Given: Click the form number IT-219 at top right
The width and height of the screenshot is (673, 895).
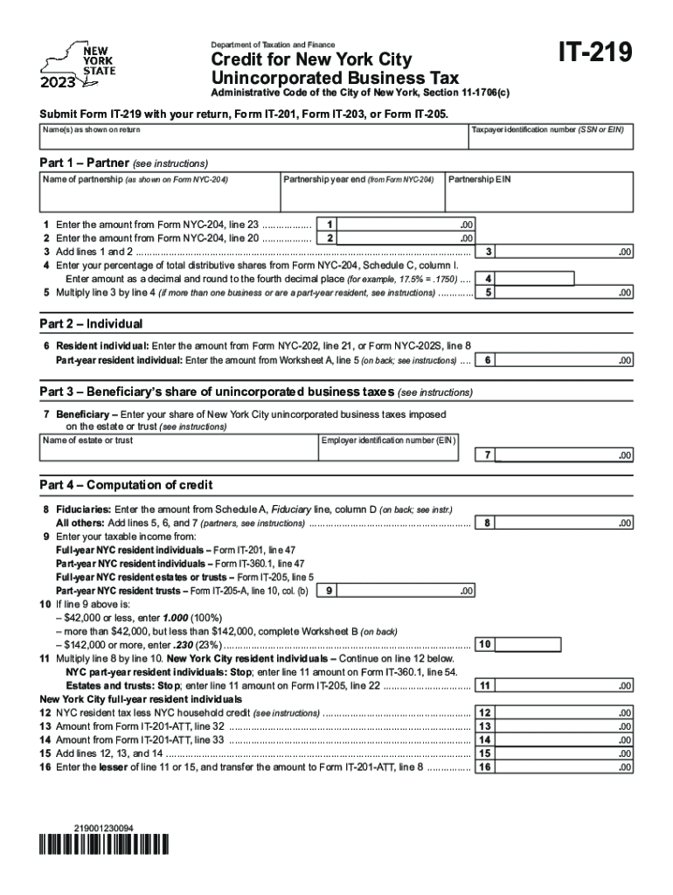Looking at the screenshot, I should (x=588, y=54).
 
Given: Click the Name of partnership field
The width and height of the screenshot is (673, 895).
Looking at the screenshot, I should (x=159, y=197).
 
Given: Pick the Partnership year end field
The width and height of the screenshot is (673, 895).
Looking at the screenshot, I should (x=361, y=197).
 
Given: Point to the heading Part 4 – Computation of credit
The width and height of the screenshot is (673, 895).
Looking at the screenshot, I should (x=126, y=485).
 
